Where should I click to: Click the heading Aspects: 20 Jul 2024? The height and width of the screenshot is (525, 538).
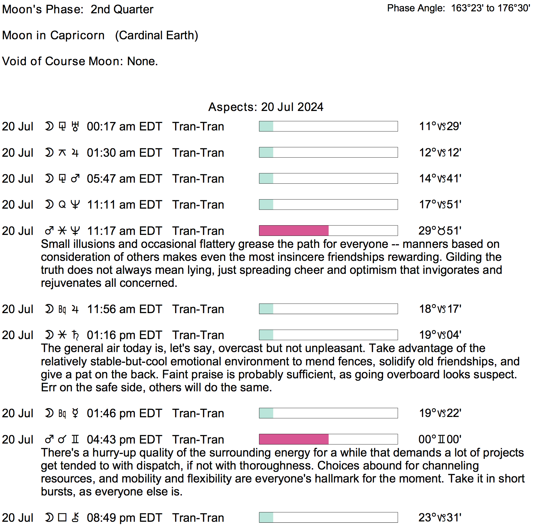tap(266, 107)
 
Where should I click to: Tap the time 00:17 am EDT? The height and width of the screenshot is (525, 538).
tap(124, 127)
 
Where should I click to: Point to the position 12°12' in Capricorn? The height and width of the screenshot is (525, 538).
tap(440, 153)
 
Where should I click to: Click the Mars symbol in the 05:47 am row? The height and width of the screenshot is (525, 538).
tap(75, 178)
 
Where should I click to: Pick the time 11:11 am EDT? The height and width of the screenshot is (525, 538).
tap(124, 205)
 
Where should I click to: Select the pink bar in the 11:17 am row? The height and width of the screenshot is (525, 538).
tap(294, 231)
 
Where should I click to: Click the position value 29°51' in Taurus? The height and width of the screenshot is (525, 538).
tap(440, 231)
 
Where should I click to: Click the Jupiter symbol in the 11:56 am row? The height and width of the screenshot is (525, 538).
tap(75, 309)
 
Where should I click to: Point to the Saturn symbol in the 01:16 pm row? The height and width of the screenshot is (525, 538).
tap(75, 335)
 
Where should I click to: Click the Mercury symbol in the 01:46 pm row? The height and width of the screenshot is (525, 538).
tap(75, 413)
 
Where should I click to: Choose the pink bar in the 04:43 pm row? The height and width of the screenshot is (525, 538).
tap(294, 439)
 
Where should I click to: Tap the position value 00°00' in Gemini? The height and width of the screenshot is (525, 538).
tap(440, 439)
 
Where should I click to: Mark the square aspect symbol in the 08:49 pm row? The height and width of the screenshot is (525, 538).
tap(62, 518)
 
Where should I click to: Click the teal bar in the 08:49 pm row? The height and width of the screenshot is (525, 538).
tap(266, 518)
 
